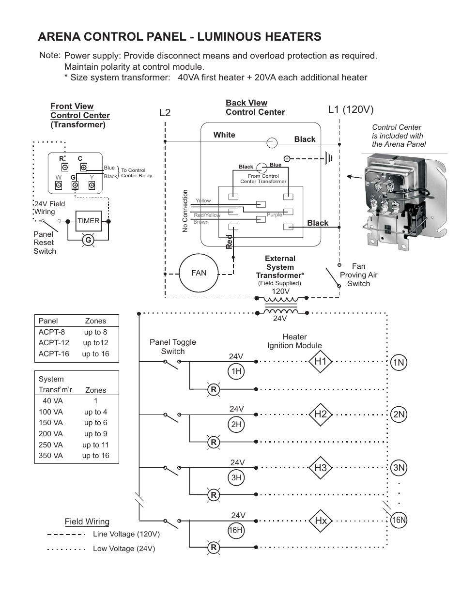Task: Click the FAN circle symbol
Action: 199,273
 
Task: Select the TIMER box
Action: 88,221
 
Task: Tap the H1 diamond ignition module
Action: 320,361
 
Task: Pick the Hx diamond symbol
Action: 320,521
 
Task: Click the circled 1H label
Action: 236,371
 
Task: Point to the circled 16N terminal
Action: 399,521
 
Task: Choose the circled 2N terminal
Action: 399,414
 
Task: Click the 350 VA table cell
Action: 51,456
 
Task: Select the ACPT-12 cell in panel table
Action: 54,343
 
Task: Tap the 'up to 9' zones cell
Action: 95,434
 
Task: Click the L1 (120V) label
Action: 351,110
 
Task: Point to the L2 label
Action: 165,113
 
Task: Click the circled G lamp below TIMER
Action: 88,240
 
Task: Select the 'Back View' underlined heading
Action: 246,103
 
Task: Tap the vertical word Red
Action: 230,241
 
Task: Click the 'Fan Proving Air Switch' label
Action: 358,275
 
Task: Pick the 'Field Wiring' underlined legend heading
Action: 87,521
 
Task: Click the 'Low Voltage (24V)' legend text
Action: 124,549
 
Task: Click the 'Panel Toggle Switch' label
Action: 173,347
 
